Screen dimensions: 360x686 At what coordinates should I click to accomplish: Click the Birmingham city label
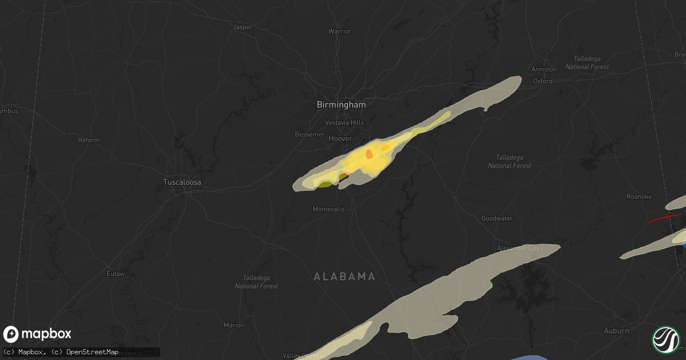pyautogui.click(x=341, y=105)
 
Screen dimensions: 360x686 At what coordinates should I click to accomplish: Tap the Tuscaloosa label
pyautogui.click(x=182, y=182)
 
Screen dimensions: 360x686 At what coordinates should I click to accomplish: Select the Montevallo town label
pyautogui.click(x=329, y=209)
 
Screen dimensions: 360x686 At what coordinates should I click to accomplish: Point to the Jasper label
pyautogui.click(x=243, y=27)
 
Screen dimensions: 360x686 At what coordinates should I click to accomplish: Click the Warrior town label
pyautogui.click(x=340, y=31)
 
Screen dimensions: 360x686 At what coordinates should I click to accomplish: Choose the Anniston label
pyautogui.click(x=544, y=69)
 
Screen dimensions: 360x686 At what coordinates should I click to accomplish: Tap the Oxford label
pyautogui.click(x=543, y=81)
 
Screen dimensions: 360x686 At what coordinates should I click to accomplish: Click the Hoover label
pyautogui.click(x=340, y=138)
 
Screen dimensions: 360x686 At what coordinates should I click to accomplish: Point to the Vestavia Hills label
pyautogui.click(x=344, y=122)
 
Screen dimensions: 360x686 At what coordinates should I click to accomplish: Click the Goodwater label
pyautogui.click(x=497, y=218)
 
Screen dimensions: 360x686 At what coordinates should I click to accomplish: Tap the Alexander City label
pyautogui.click(x=517, y=248)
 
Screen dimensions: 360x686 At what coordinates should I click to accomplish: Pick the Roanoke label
pyautogui.click(x=639, y=197)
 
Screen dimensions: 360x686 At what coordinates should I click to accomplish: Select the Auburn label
pyautogui.click(x=616, y=331)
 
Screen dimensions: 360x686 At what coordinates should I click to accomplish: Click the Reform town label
pyautogui.click(x=89, y=140)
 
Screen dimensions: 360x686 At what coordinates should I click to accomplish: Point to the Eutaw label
pyautogui.click(x=115, y=274)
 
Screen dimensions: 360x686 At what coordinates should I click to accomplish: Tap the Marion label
pyautogui.click(x=234, y=325)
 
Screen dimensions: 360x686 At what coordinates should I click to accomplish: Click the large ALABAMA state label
pyautogui.click(x=344, y=277)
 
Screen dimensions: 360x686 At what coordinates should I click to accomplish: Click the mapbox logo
pyautogui.click(x=38, y=334)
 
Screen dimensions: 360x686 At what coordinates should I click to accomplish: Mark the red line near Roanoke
pyautogui.click(x=663, y=218)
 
